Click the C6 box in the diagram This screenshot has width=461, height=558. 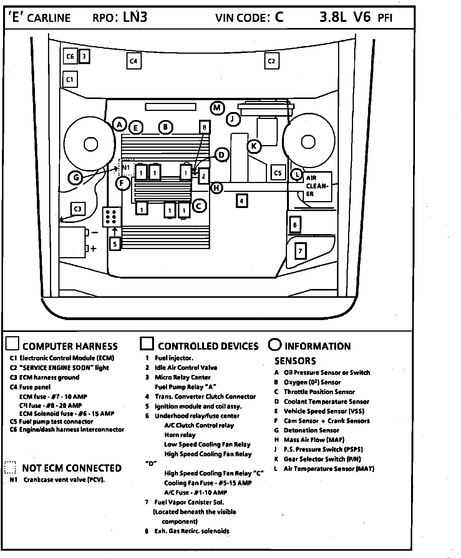click(70, 56)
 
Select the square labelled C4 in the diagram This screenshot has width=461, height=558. click(133, 61)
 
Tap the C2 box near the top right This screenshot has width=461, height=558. click(271, 61)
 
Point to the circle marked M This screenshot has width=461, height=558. click(217, 108)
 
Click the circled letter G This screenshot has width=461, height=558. click(76, 178)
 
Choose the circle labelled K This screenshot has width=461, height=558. click(254, 146)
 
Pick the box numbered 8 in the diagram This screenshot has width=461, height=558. click(204, 127)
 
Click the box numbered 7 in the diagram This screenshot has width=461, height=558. click(300, 251)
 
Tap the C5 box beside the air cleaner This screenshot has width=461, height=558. click(278, 173)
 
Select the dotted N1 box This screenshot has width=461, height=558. click(126, 168)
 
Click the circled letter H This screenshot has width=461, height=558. click(217, 188)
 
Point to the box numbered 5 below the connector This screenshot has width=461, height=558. click(115, 244)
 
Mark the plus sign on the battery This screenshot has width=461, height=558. click(93, 249)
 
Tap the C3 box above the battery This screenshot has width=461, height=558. click(78, 209)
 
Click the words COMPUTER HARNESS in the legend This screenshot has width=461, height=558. click(70, 347)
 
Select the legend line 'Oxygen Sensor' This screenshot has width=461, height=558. click(312, 382)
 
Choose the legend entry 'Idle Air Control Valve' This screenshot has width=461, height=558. click(186, 368)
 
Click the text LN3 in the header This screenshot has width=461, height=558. click(135, 17)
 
